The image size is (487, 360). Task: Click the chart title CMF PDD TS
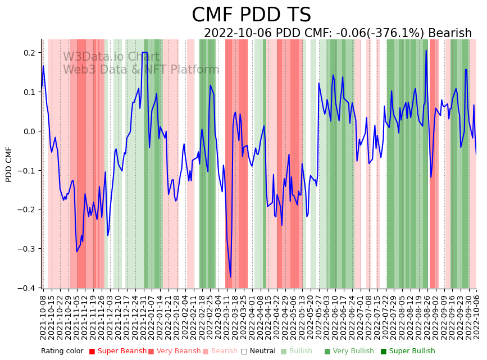point(251,15)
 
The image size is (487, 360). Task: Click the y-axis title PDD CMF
point(9,164)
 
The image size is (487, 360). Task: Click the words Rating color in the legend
point(62,352)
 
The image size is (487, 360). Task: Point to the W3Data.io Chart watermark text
point(111,57)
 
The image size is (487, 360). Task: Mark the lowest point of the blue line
point(230,277)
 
